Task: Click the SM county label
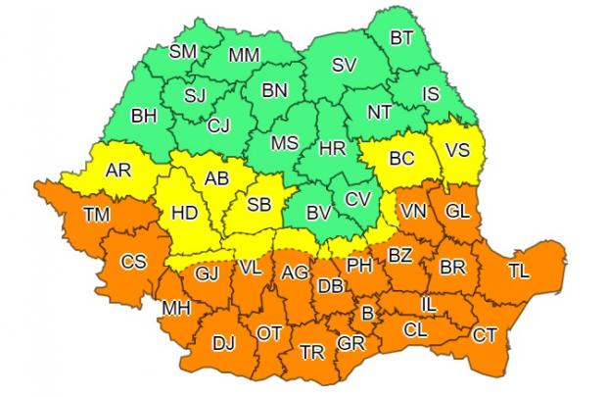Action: pos(183,52)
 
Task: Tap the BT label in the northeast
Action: pos(401,38)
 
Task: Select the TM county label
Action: pos(97,214)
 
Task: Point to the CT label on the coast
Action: pos(485,336)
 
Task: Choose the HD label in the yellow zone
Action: pos(183,211)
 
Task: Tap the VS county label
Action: pos(457,151)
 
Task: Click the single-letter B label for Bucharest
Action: pos(367,315)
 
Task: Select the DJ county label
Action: pos(224,343)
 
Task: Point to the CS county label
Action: pos(133,262)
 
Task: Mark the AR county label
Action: pos(118,171)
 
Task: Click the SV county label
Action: pos(343,66)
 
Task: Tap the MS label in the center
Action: pos(284,143)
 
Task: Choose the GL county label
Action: pos(456,211)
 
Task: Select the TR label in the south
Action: pos(312,352)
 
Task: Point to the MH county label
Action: pos(175,310)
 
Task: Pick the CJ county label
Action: pos(221,124)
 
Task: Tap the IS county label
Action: pos(432,94)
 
